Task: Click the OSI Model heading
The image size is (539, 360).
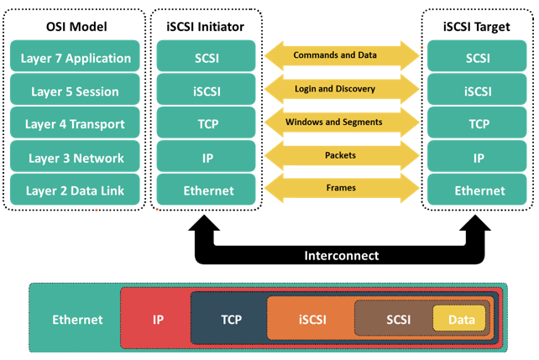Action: point(76,27)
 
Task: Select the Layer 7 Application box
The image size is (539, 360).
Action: point(75,56)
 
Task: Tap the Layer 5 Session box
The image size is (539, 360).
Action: point(75,89)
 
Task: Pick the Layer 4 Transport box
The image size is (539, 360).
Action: point(75,123)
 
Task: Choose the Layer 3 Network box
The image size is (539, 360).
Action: point(75,156)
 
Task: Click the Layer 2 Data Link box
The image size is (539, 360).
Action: point(75,190)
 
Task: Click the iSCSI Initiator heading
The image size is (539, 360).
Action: point(205,27)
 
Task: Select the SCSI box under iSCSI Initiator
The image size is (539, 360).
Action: point(206,56)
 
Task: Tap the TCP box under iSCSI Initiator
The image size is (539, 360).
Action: point(206,123)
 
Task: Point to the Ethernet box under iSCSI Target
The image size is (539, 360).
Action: point(477,190)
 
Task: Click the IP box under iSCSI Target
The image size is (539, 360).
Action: point(477,156)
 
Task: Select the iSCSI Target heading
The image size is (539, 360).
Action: point(476,27)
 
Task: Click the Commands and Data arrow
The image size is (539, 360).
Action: point(342,55)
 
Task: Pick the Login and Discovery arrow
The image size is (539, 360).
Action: point(342,89)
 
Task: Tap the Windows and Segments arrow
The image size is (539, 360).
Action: point(342,123)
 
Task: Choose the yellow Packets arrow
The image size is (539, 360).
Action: point(342,155)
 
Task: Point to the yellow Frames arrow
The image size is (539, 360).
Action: point(342,188)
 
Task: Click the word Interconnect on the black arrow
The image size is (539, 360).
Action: point(342,256)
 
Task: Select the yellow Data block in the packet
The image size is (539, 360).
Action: point(459,318)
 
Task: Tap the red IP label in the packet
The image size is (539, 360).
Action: point(158,320)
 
